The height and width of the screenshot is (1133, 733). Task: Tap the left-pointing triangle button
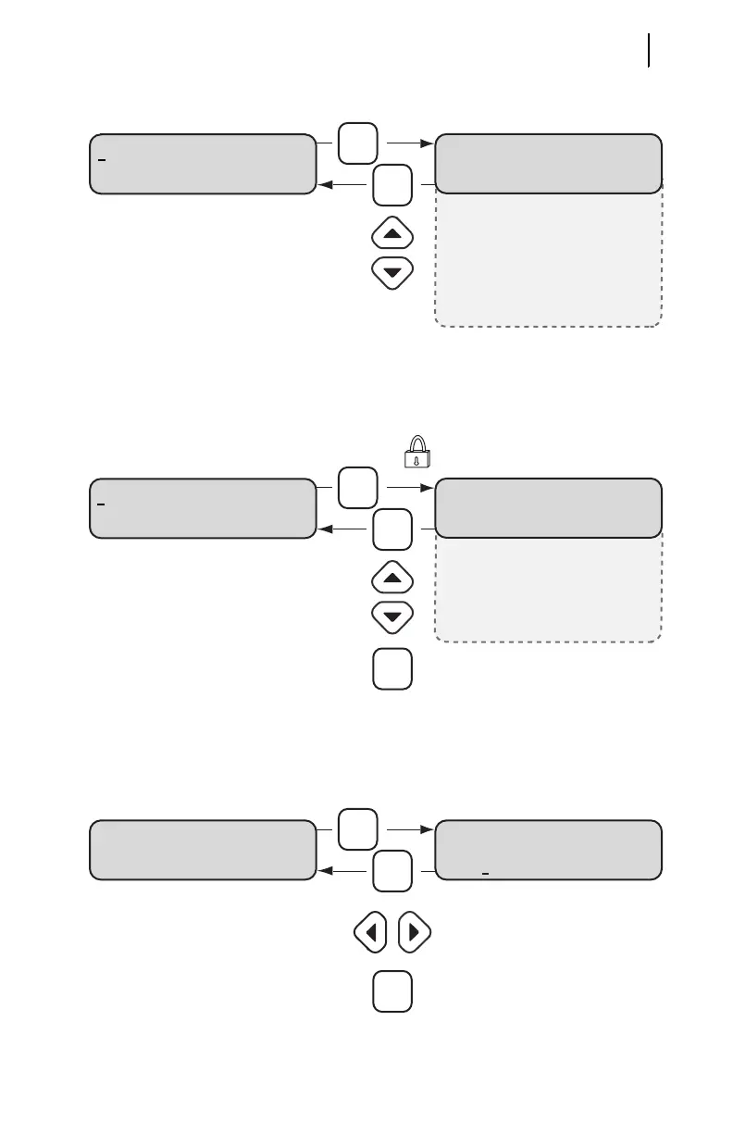(x=370, y=933)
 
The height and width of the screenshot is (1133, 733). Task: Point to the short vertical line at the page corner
(x=650, y=50)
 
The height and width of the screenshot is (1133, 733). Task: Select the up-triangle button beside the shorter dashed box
(x=391, y=579)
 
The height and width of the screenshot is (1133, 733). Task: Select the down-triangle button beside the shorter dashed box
(x=391, y=616)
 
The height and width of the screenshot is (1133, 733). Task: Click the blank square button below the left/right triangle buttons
(x=392, y=990)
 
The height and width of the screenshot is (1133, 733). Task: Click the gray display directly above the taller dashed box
(x=549, y=162)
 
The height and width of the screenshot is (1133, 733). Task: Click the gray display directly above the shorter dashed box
(x=549, y=507)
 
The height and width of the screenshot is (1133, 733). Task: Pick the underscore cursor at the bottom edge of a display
(x=485, y=871)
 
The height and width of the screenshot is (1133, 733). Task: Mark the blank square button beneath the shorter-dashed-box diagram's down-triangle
(x=392, y=668)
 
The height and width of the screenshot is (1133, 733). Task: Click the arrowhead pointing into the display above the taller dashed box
(x=429, y=144)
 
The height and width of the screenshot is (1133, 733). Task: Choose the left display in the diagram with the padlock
(x=203, y=508)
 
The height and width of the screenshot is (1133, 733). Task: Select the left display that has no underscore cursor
(x=203, y=849)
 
